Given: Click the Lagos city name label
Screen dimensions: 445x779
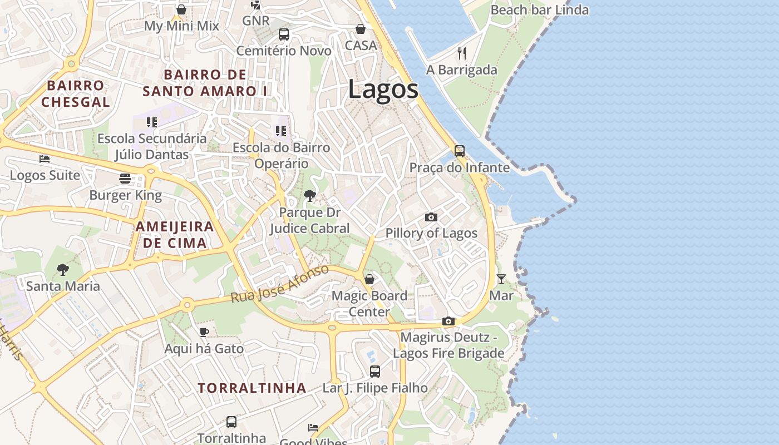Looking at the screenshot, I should [383, 90].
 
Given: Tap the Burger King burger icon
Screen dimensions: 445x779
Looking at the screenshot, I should [125, 179].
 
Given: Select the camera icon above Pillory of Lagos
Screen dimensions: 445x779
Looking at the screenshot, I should [431, 217].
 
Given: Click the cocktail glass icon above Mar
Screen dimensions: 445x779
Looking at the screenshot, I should [501, 279].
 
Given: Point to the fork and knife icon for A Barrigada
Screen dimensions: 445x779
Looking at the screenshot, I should [461, 53].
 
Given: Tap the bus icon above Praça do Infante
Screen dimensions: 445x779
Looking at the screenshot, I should [460, 151].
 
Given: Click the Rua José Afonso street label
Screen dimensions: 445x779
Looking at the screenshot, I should [280, 284].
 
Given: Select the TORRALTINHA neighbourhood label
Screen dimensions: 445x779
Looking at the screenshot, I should [252, 388].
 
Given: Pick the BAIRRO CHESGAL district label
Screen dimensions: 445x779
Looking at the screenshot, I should [76, 93].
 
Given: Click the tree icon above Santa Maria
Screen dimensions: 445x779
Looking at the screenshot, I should [63, 270].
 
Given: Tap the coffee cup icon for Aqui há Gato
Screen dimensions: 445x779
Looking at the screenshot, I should [204, 333].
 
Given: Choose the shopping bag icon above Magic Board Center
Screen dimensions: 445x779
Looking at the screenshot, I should [369, 279].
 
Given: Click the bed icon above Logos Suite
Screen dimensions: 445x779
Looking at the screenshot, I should [45, 159].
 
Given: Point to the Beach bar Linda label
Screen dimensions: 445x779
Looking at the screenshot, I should [539, 10].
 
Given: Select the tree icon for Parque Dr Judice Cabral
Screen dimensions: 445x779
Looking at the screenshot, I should [310, 196].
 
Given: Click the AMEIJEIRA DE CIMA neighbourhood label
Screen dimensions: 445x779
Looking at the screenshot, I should [175, 235].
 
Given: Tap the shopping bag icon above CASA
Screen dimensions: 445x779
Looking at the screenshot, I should [361, 29].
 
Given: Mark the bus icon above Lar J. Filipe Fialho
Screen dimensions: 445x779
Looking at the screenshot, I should [375, 371].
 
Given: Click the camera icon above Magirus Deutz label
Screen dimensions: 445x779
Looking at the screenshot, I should [448, 321].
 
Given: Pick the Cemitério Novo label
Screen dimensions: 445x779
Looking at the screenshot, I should [284, 51].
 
